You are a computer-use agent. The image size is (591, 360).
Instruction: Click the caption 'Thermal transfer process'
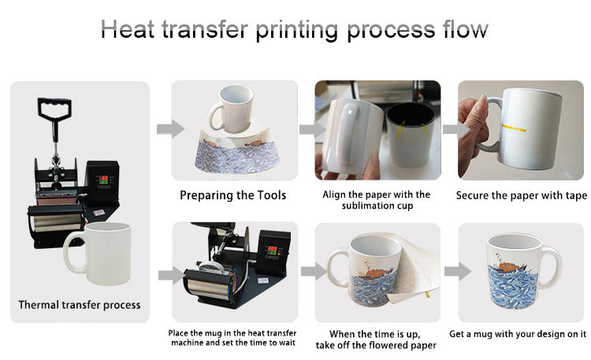coord(80,304)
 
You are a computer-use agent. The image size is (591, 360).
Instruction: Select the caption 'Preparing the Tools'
coord(232,195)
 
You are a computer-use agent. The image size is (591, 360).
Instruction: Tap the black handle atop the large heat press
coord(52,111)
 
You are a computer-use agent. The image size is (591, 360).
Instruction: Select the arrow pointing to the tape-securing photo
coord(449,128)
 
